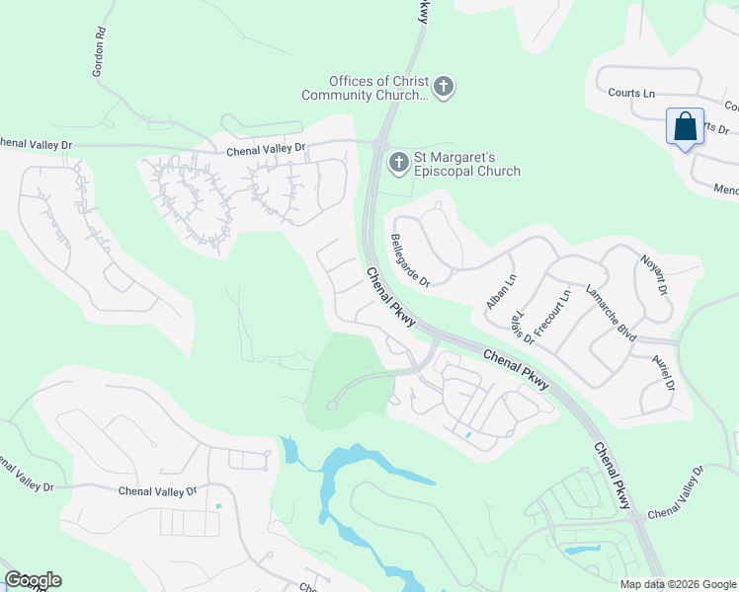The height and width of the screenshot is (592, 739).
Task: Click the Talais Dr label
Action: click(x=523, y=325)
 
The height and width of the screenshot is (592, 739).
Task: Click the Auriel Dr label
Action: click(x=662, y=373)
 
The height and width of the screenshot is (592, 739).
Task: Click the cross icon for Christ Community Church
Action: click(x=444, y=88)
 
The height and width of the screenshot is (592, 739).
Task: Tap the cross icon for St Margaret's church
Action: click(x=399, y=162)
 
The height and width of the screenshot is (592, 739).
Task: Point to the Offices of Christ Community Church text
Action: click(x=366, y=88)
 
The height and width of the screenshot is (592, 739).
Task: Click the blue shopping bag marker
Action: click(x=685, y=127)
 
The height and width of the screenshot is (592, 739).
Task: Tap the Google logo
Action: click(x=33, y=579)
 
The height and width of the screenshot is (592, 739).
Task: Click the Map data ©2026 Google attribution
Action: click(x=678, y=584)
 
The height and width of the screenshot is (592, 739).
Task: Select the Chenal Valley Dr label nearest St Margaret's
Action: click(x=267, y=149)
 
